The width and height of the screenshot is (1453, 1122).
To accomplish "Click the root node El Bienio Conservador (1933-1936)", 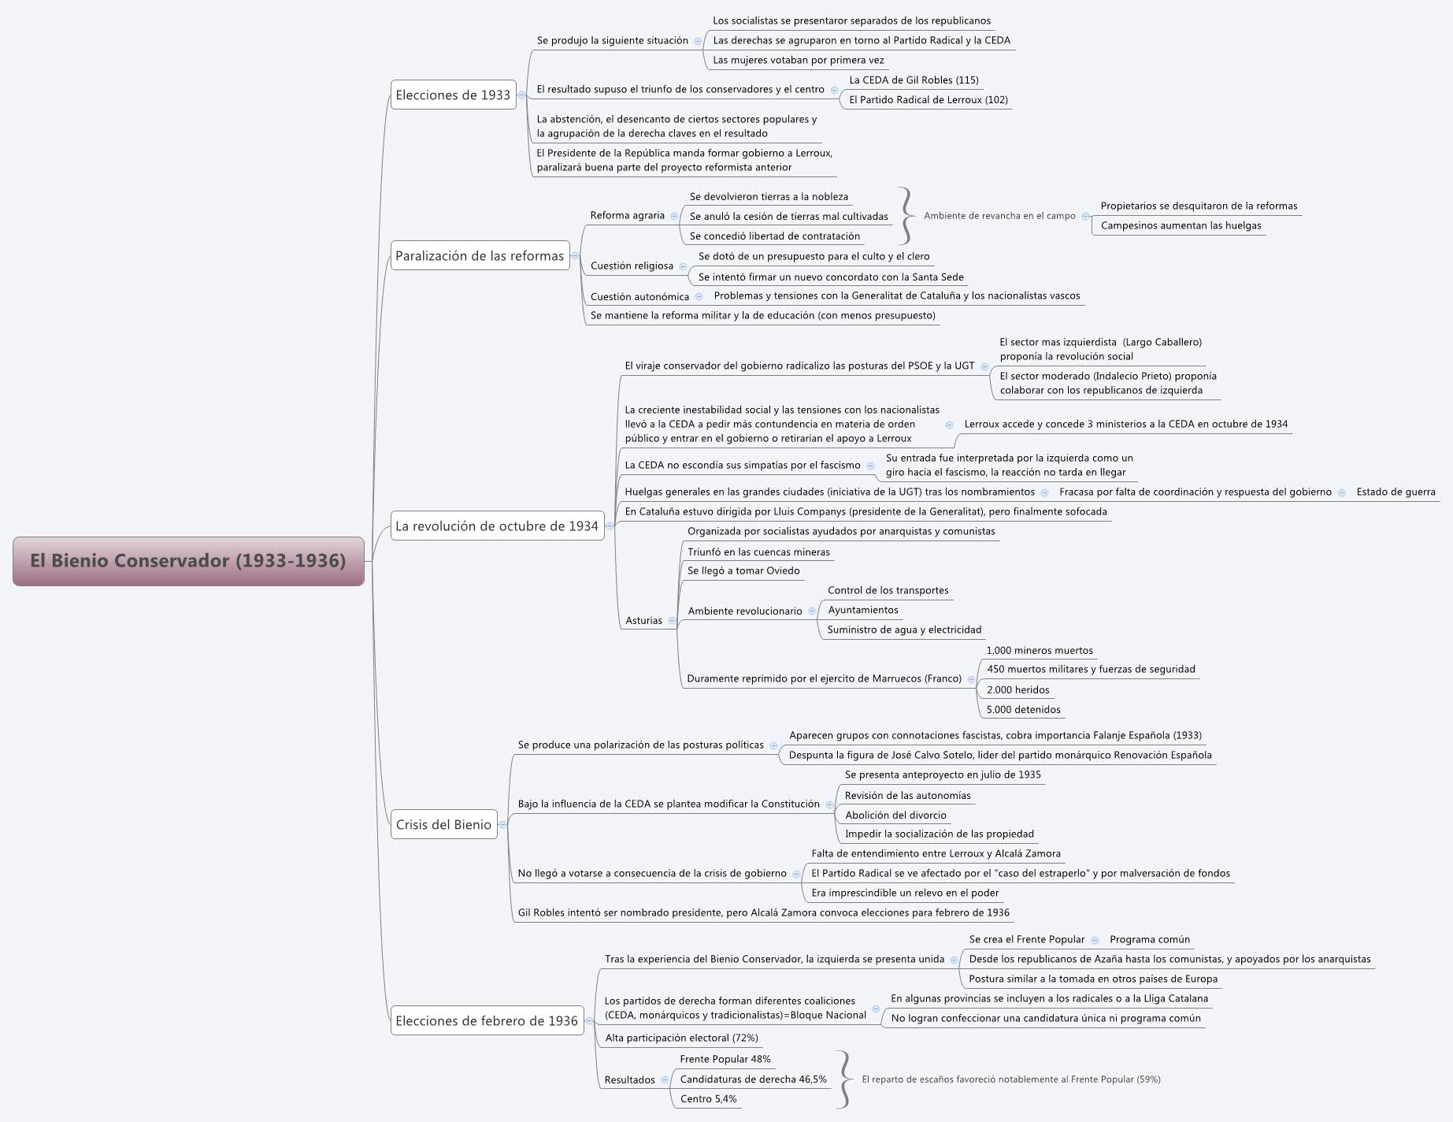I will click(188, 561).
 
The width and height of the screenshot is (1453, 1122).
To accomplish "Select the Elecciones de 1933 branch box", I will click(453, 95).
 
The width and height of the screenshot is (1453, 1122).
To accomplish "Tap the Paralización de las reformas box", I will click(480, 255).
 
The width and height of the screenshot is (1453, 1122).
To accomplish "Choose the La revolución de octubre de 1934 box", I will click(497, 526).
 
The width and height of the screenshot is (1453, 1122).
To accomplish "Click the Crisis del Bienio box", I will click(443, 824).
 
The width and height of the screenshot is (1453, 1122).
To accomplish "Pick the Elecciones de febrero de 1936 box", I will click(487, 1020).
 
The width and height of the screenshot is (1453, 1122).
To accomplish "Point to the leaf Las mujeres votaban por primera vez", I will click(798, 60).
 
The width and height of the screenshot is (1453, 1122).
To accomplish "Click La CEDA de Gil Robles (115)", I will click(914, 80).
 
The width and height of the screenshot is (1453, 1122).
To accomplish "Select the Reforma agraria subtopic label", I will click(627, 215).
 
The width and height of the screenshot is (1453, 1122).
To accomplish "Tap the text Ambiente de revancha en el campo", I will click(999, 215).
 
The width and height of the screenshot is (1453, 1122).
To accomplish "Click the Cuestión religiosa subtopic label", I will click(632, 266).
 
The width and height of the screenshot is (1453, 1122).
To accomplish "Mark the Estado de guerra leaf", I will click(1396, 492).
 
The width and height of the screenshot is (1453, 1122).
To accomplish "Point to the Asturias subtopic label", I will click(643, 620).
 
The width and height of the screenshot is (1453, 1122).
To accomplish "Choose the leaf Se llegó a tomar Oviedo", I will click(743, 570).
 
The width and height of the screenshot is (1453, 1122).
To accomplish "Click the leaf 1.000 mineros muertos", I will click(1039, 650).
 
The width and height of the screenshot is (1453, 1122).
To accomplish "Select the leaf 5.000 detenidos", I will click(1023, 709).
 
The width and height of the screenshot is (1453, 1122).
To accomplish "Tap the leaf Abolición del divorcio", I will click(895, 815).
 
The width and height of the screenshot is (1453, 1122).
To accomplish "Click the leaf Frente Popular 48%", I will click(725, 1059).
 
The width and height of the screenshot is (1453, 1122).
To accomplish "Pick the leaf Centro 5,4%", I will click(708, 1098).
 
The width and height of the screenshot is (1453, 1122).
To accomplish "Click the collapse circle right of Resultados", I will click(665, 1079).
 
